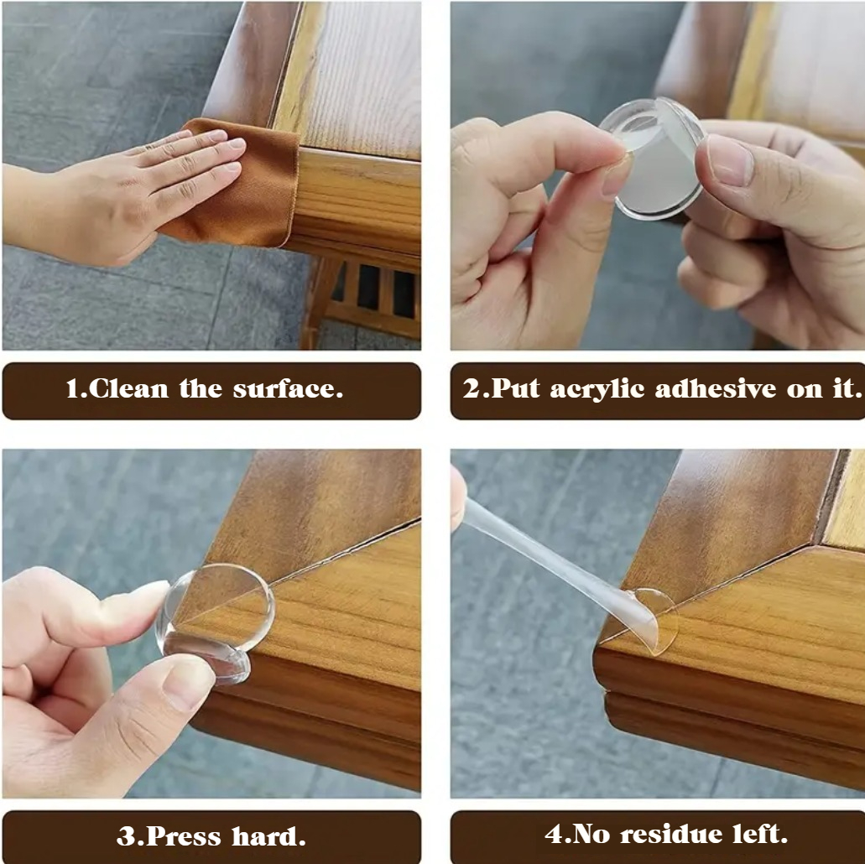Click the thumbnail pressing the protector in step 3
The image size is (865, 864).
tap(189, 683)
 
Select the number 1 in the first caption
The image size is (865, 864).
tap(72, 390)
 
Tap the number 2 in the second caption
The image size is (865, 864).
tap(471, 390)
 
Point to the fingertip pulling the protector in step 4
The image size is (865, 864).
tap(458, 499)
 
